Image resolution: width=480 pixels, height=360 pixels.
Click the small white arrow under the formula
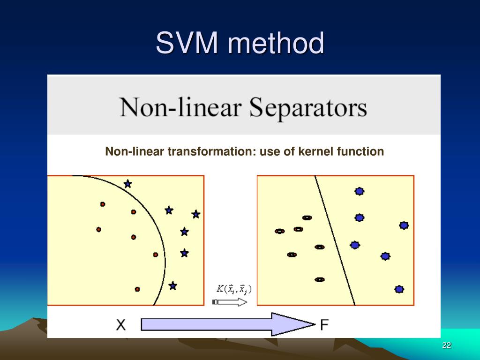coord(230,302)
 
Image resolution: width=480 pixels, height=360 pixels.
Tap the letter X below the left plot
coord(121,324)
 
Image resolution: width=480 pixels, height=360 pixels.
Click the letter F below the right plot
coord(324,324)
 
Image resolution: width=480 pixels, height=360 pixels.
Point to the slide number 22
coord(446,345)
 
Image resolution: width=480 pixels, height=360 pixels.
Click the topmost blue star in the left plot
coord(127,184)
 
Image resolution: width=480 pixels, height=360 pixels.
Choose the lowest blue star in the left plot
coord(172,285)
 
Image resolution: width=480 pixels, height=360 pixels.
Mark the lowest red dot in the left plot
coord(137,289)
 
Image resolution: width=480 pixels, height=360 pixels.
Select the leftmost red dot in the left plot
coord(98,229)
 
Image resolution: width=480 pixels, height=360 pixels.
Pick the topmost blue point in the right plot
coord(360,191)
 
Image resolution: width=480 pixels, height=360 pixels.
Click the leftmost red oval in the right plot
coord(279,231)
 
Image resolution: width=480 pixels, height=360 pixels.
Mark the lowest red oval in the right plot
coord(320,279)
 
